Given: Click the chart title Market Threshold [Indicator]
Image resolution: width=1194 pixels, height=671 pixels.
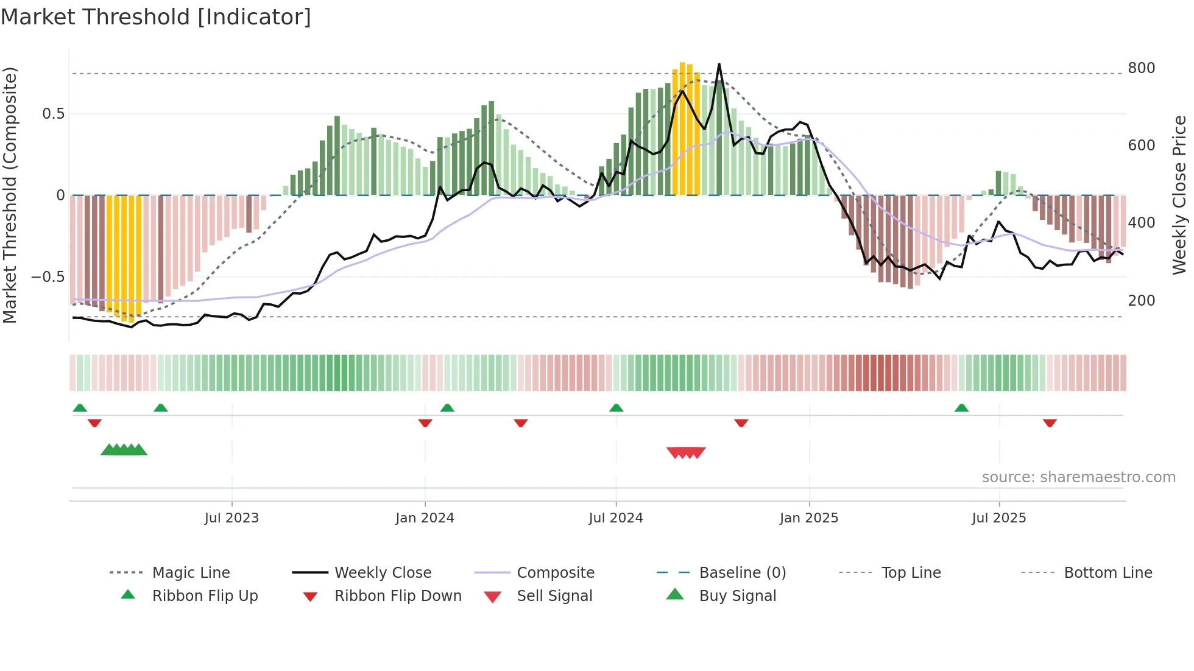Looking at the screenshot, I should (x=156, y=17).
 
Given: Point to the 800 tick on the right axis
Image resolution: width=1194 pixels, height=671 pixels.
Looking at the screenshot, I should (x=1141, y=68).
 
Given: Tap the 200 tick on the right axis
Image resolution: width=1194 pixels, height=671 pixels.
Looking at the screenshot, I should (x=1141, y=300).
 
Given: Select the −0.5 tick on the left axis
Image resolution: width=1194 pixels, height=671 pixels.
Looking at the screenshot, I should (x=48, y=277).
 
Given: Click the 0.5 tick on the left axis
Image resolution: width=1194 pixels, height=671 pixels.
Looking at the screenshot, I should (x=53, y=114).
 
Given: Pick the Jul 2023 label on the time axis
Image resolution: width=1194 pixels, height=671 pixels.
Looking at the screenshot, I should (x=231, y=518).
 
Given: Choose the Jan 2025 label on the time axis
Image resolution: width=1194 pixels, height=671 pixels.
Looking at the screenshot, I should (x=809, y=518).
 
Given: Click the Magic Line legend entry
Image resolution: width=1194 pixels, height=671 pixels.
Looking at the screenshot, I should (x=191, y=573).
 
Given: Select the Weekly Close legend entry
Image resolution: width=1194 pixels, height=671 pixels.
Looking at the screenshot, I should (x=383, y=573).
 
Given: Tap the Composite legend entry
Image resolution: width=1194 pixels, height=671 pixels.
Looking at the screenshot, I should (x=556, y=573).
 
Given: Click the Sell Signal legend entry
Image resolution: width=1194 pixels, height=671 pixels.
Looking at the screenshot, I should (x=554, y=596).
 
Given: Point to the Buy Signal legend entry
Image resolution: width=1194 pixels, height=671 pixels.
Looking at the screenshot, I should (x=737, y=596).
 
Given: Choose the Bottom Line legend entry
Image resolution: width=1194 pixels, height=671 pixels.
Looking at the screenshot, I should (x=1107, y=573).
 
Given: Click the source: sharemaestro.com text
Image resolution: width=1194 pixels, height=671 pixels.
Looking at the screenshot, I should (x=1078, y=477).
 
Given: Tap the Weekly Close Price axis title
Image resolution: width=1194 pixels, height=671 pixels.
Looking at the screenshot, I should (x=1179, y=195).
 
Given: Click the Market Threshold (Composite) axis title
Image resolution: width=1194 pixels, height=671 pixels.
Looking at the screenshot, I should (x=10, y=195).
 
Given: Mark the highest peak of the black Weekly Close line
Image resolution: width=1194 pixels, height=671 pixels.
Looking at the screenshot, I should (x=719, y=64).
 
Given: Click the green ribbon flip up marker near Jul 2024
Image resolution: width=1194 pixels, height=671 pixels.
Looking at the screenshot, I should (x=616, y=408).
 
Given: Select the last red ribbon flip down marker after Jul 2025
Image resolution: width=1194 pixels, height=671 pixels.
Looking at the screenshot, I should (x=1050, y=423).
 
